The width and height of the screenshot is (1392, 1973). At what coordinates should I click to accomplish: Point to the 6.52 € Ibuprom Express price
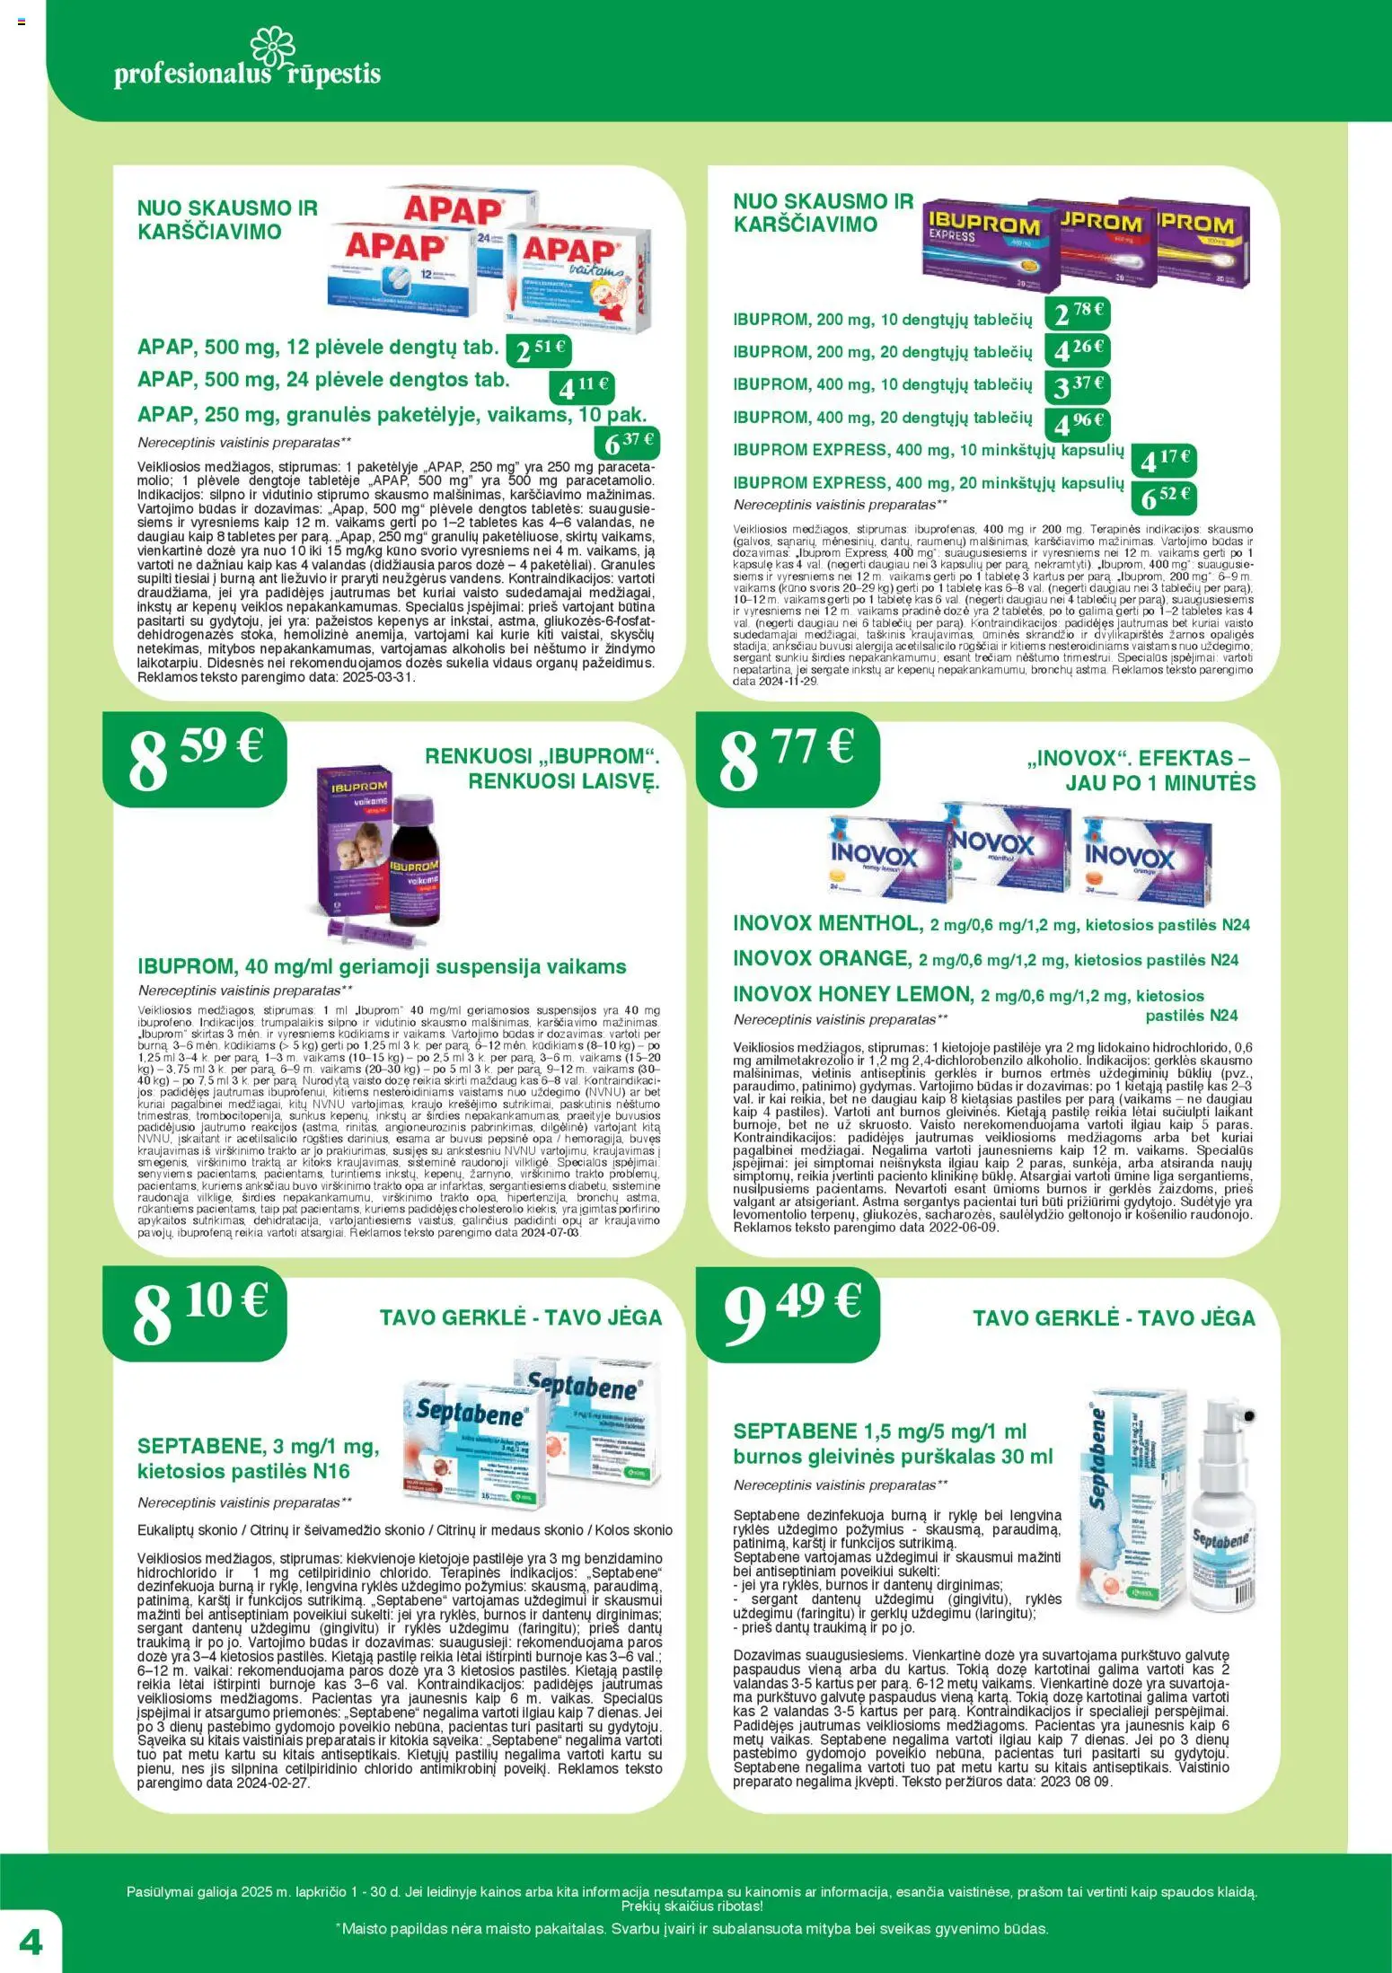1165,497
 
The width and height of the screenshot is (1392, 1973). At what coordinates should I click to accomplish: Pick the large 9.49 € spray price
791,1312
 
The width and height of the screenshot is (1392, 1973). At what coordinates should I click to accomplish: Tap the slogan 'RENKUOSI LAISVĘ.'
564,781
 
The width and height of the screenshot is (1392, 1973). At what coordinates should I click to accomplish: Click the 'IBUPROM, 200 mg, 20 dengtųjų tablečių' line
882,352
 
